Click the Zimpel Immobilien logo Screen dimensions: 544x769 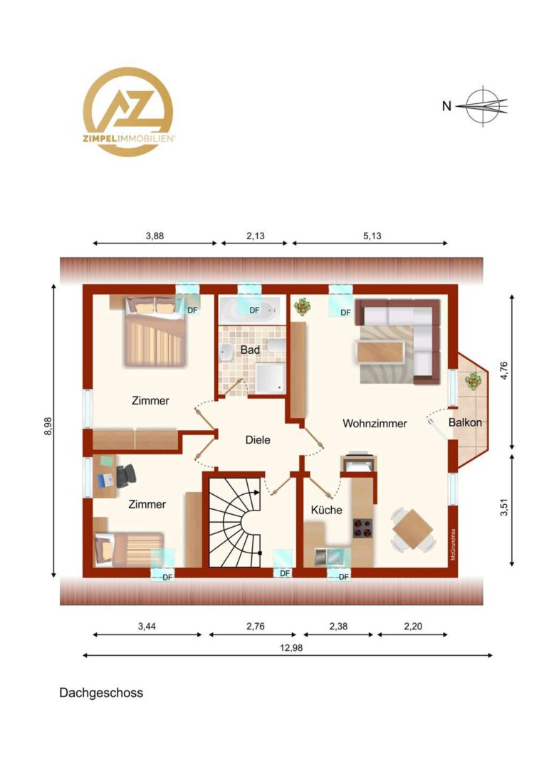128,111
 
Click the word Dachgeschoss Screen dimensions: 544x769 101,693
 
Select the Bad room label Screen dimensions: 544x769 250,350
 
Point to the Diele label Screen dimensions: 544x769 258,440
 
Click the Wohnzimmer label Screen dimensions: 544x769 375,423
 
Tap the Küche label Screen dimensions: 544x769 327,510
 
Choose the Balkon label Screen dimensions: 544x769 465,422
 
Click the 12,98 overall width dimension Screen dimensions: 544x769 291,648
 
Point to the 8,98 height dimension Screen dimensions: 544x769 48,426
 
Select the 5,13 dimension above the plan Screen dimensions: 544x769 372,236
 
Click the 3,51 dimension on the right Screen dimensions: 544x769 504,507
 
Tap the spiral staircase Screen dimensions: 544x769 234,523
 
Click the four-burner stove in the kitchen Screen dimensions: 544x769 363,528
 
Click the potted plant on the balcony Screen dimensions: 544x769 474,381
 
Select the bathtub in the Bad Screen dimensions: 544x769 250,310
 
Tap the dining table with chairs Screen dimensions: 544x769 413,530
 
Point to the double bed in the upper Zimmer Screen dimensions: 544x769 155,331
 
